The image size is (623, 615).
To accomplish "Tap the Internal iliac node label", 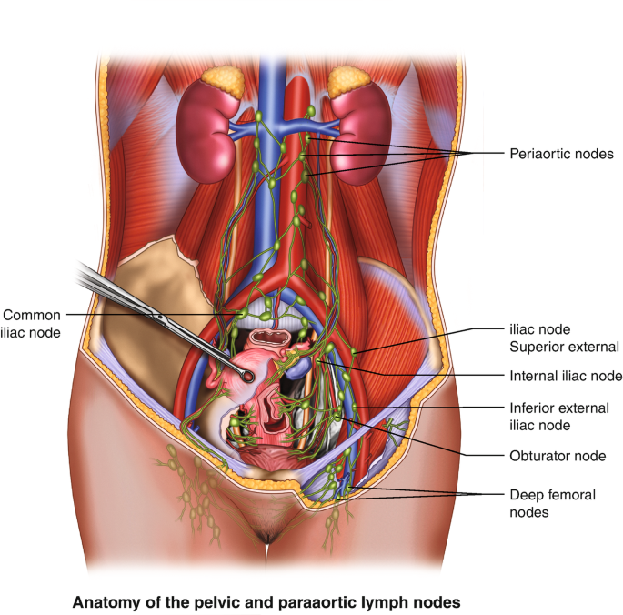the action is tap(566, 375).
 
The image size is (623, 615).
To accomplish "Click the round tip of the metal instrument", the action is tap(246, 372).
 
